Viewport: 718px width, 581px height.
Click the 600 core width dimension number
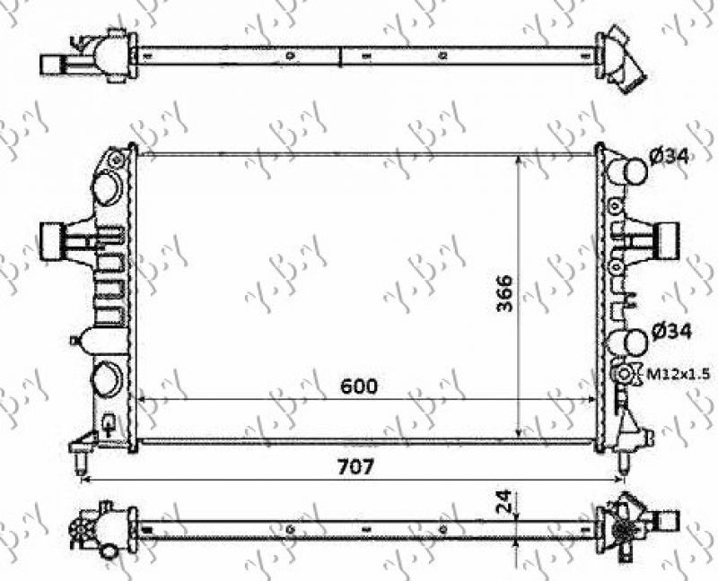(x=358, y=386)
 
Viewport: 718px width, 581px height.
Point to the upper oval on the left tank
(x=106, y=189)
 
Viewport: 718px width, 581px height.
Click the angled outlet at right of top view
(x=623, y=61)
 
